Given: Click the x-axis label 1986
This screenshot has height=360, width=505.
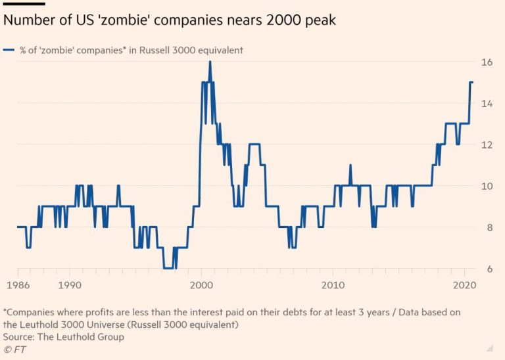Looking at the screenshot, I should point(18,286).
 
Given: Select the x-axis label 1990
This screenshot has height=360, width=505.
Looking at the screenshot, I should point(70,286).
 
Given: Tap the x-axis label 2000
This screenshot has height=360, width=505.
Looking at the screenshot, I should point(201,286).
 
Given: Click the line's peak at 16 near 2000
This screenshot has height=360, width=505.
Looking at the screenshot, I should point(210,62).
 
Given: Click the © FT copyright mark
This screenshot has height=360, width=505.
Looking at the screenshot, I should point(14,348).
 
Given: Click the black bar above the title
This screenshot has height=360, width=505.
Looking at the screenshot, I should point(24,3).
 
